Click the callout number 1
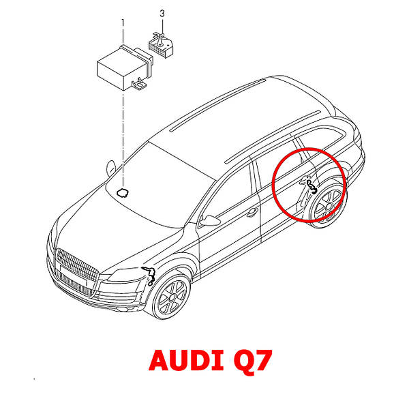123,23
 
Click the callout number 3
162,13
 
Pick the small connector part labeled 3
161,44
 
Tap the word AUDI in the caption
180,359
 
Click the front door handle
252,212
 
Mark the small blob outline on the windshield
123,192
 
